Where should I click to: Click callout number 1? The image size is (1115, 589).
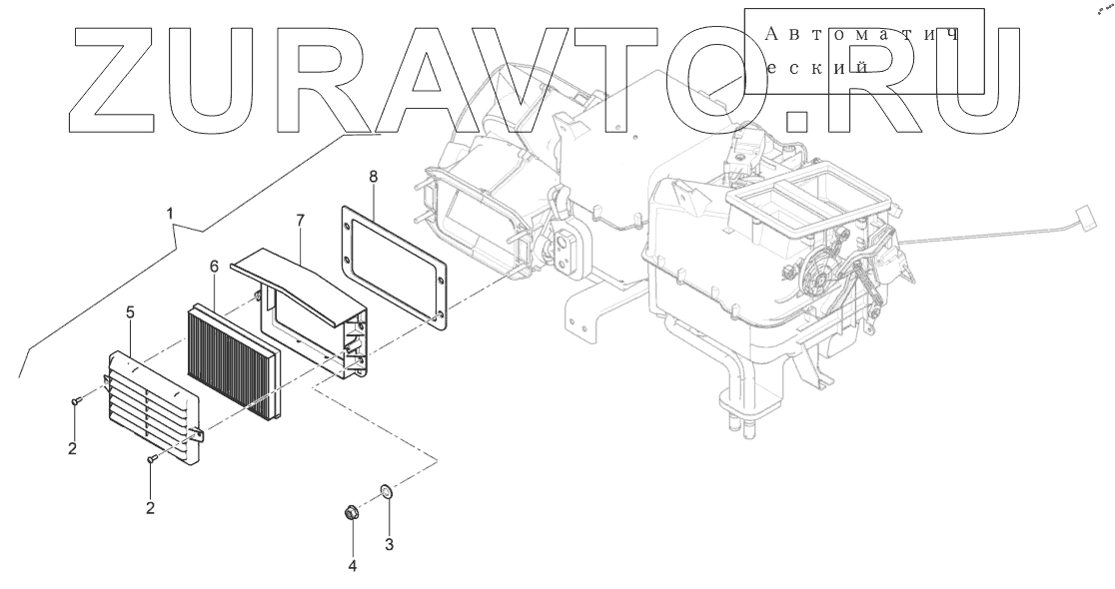tap(170, 214)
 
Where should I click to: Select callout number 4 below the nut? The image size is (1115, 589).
tap(352, 566)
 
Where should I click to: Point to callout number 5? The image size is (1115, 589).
tap(130, 313)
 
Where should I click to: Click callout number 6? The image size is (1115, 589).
tap(213, 267)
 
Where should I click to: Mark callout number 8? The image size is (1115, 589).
tap(373, 177)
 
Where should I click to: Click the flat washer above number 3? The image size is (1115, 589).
tap(385, 492)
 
